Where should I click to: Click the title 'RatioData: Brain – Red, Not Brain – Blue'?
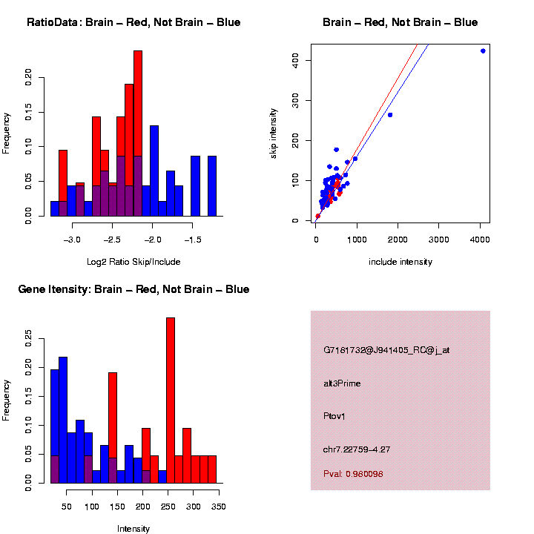tap(133, 22)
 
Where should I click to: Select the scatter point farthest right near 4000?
tap(483, 51)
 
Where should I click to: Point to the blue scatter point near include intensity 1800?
tap(390, 115)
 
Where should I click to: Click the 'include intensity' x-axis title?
tap(400, 262)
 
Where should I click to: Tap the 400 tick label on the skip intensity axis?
tap(296, 59)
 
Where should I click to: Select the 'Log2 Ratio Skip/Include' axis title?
tap(133, 262)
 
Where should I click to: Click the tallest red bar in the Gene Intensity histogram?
tap(171, 400)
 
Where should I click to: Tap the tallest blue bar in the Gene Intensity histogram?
tap(63, 420)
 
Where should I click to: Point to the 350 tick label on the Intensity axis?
tap(218, 507)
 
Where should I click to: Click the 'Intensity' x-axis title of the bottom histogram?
tap(133, 529)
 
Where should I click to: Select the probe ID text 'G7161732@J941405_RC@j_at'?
tap(386, 350)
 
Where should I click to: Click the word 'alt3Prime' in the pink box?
tap(342, 383)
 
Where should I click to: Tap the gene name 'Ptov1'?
tap(334, 416)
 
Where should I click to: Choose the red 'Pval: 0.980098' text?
tap(353, 473)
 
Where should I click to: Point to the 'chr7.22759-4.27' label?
tap(357, 449)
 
